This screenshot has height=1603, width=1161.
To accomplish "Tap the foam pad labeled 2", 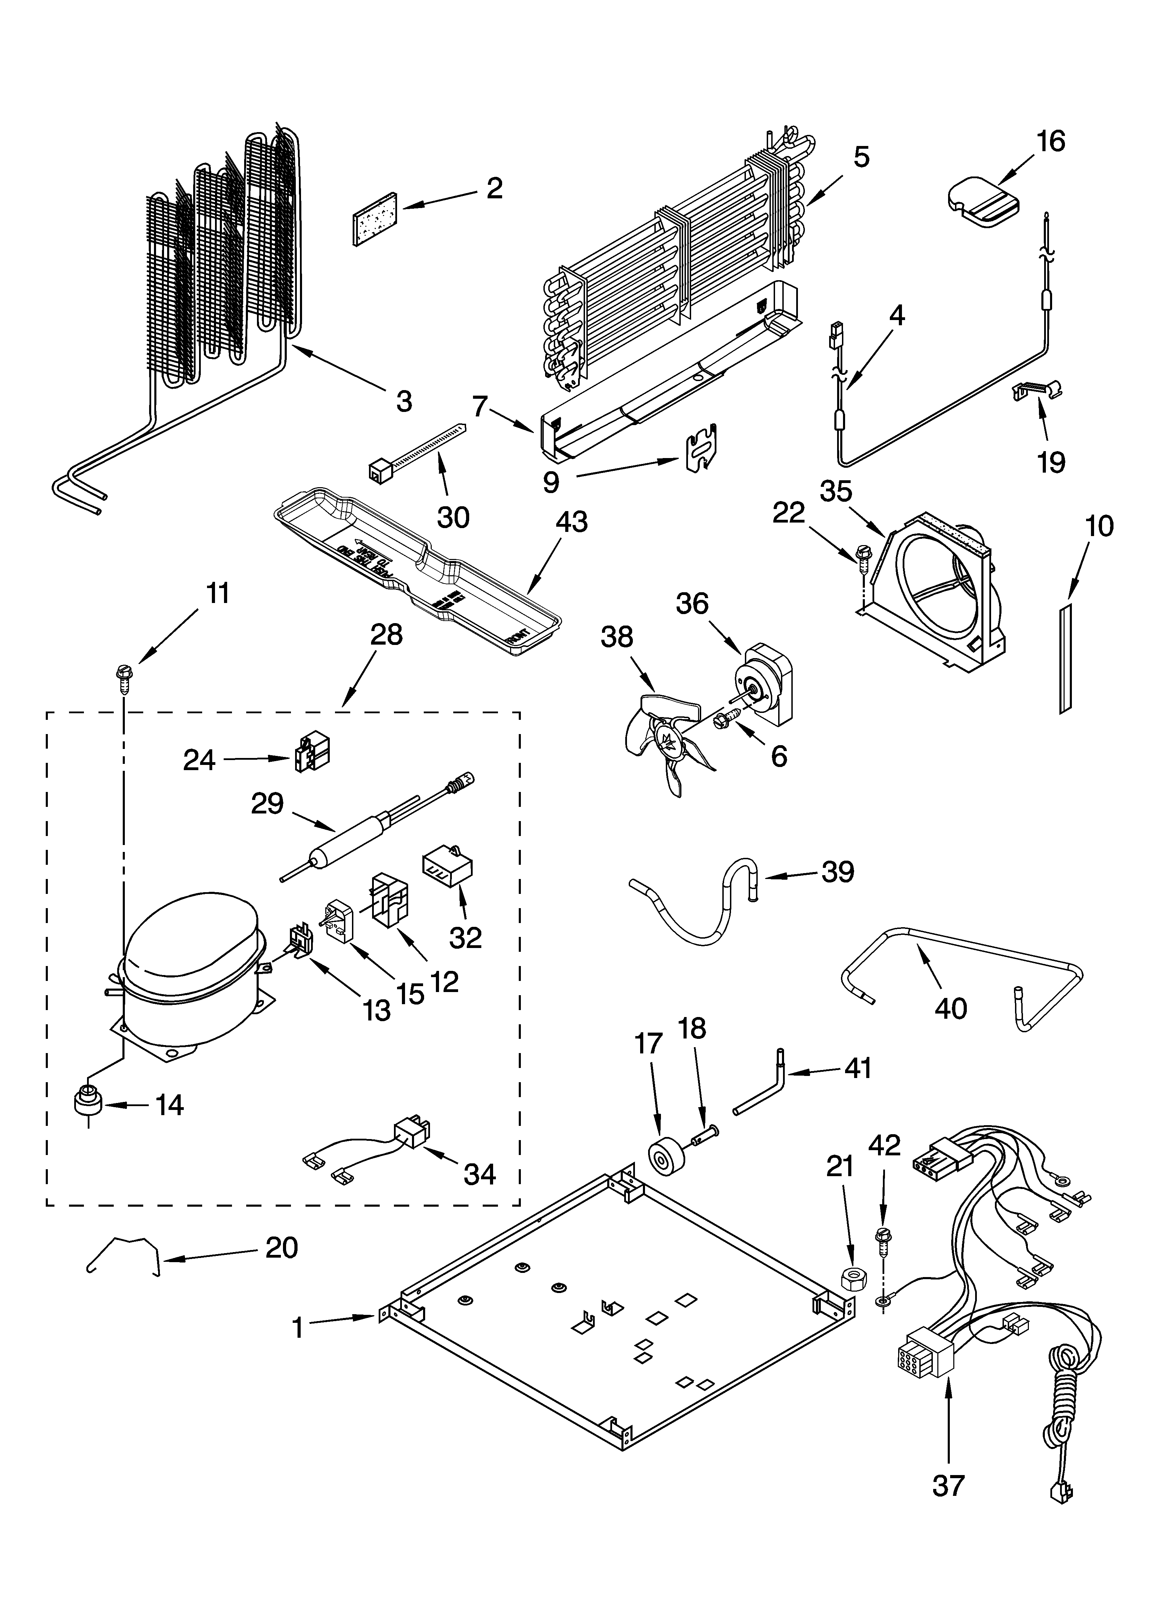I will pos(374,219).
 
